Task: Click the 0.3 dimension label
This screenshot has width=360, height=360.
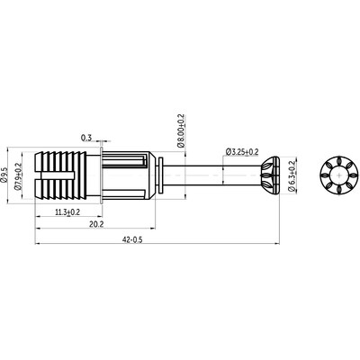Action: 85,138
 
